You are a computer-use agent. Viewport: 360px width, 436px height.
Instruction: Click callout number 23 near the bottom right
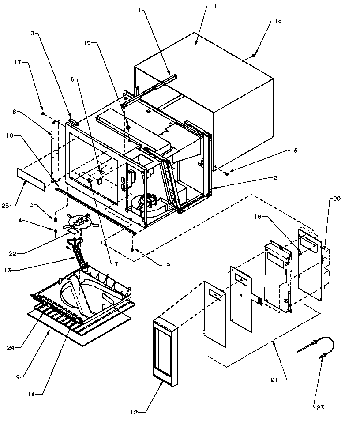[320, 407]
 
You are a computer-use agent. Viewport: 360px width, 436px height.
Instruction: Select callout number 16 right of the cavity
[294, 151]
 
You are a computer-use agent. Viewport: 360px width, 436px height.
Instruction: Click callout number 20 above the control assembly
[336, 199]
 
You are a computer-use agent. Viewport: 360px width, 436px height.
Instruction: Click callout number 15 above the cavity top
[87, 42]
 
